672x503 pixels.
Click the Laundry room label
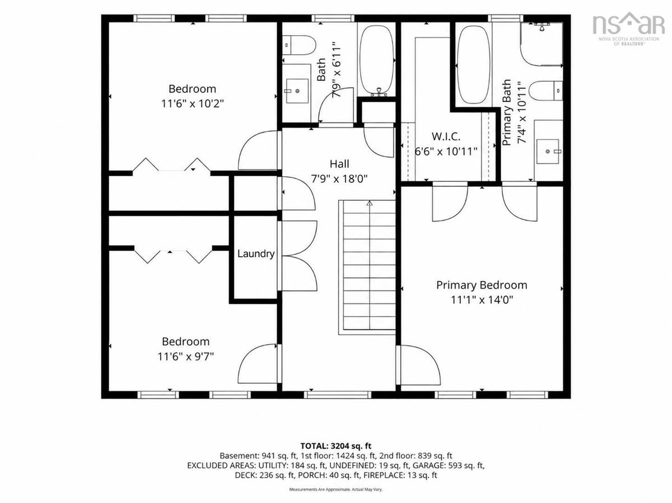[x=256, y=254]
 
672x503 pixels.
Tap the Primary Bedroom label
[x=482, y=285]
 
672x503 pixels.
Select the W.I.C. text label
[x=446, y=137]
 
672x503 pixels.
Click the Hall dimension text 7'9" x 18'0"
[x=339, y=178]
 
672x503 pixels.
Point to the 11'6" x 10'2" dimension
[x=193, y=104]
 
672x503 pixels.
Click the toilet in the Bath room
[x=298, y=45]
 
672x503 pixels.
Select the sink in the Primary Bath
[x=548, y=151]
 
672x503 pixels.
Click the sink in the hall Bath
[x=297, y=91]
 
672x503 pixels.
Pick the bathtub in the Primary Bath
[x=473, y=64]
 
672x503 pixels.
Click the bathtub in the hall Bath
[x=377, y=60]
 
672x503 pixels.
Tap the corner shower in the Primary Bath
[x=542, y=44]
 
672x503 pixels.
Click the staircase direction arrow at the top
[x=370, y=203]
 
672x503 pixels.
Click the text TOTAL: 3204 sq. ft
[x=336, y=446]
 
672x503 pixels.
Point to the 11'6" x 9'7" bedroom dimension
[x=185, y=356]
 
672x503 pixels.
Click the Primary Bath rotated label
[x=507, y=112]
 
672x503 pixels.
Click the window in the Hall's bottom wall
[x=338, y=395]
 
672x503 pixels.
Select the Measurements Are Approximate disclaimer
[x=336, y=490]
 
